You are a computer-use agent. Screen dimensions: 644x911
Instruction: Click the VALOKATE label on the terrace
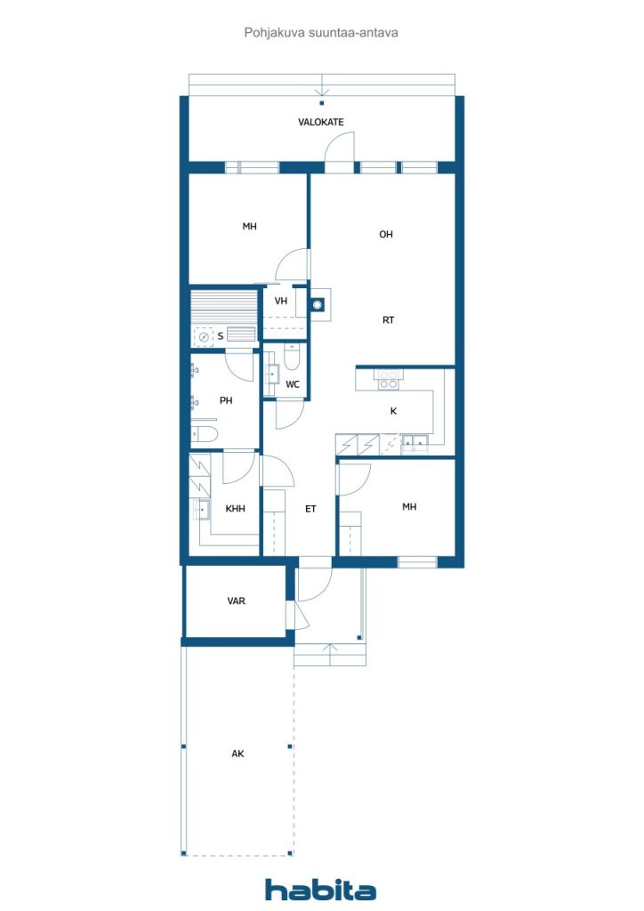pyautogui.click(x=320, y=122)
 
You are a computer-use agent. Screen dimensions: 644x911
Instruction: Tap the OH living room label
pyautogui.click(x=385, y=234)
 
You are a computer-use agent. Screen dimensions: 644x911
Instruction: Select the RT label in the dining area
pyautogui.click(x=388, y=319)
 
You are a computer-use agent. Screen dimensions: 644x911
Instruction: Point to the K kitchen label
pyautogui.click(x=393, y=411)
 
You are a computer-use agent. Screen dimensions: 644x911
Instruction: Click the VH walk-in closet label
pyautogui.click(x=281, y=301)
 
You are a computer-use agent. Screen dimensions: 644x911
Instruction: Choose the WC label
pyautogui.click(x=293, y=384)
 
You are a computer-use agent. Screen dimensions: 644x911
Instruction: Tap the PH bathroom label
pyautogui.click(x=226, y=400)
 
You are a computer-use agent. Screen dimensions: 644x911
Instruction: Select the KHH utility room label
pyautogui.click(x=235, y=508)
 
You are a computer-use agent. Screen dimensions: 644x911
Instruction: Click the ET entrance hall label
pyautogui.click(x=310, y=509)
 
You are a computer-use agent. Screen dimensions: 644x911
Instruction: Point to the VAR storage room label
pyautogui.click(x=237, y=601)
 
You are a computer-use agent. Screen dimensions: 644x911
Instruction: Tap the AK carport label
pyautogui.click(x=237, y=754)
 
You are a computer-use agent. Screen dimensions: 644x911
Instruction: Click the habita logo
pyautogui.click(x=320, y=889)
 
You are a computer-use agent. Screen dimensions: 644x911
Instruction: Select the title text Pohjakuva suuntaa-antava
pyautogui.click(x=321, y=33)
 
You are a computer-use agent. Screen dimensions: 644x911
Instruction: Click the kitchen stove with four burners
pyautogui.click(x=388, y=379)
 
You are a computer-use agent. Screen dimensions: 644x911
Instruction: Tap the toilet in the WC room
pyautogui.click(x=292, y=357)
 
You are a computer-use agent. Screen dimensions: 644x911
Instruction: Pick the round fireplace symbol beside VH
pyautogui.click(x=317, y=304)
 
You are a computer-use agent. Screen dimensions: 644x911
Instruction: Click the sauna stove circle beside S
pyautogui.click(x=204, y=337)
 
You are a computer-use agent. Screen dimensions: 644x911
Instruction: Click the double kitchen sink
pyautogui.click(x=415, y=444)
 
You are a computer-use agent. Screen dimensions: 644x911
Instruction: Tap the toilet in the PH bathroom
pyautogui.click(x=204, y=434)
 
